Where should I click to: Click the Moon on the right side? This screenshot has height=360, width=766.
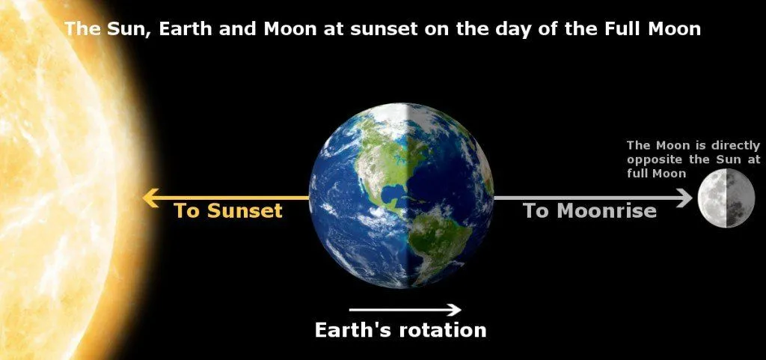point(726,198)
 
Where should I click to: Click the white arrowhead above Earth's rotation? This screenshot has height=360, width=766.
point(453,309)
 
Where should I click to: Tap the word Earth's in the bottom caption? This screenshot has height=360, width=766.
point(352,330)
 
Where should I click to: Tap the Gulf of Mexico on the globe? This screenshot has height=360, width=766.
point(392,196)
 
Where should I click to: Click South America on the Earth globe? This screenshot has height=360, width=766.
point(441,240)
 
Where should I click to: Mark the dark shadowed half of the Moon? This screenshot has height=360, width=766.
point(740,198)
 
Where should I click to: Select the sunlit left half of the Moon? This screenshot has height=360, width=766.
point(712,198)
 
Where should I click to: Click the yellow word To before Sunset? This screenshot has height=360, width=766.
point(188,211)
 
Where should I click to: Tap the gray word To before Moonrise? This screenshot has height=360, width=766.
point(536,211)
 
